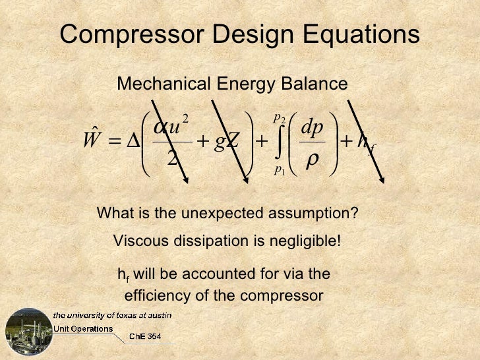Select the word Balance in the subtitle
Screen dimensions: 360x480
pyautogui.click(x=313, y=84)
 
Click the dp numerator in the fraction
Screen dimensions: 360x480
pyautogui.click(x=312, y=126)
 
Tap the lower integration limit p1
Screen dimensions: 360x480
pyautogui.click(x=278, y=170)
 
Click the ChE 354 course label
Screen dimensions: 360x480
pyautogui.click(x=144, y=336)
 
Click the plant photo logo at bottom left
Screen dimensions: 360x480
pyautogui.click(x=28, y=332)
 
